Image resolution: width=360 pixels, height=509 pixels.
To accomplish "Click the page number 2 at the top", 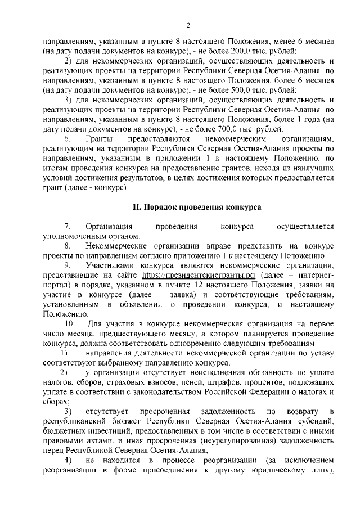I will (188, 25).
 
